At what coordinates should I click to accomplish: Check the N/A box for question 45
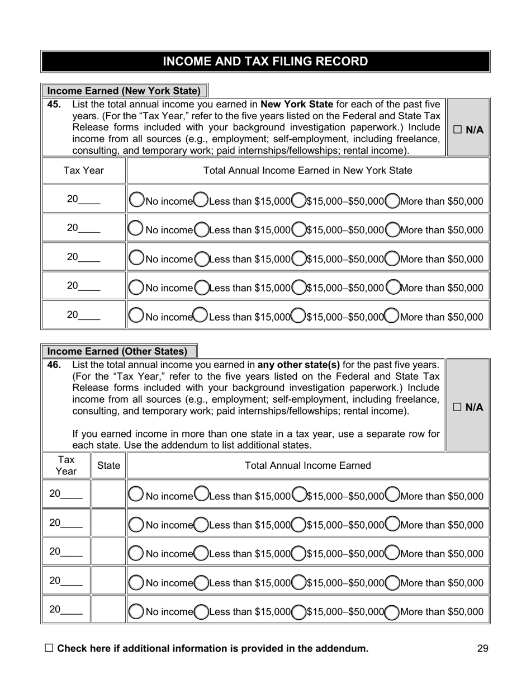(x=458, y=130)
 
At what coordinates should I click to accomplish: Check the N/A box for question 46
(x=458, y=407)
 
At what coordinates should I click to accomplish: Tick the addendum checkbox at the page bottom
(x=49, y=648)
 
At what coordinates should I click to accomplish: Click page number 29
(x=483, y=649)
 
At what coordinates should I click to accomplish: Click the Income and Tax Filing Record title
(x=265, y=62)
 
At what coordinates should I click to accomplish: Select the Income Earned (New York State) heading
(x=124, y=91)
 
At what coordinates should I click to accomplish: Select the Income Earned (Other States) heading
(x=117, y=351)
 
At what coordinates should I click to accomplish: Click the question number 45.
(x=54, y=105)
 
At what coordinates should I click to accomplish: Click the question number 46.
(x=54, y=365)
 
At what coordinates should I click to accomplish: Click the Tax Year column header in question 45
(x=83, y=171)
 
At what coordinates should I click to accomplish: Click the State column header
(x=108, y=465)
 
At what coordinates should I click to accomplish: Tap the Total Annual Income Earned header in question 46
(x=307, y=465)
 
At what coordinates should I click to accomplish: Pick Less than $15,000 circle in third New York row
(x=202, y=258)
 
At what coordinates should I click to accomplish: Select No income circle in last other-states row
(x=136, y=611)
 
